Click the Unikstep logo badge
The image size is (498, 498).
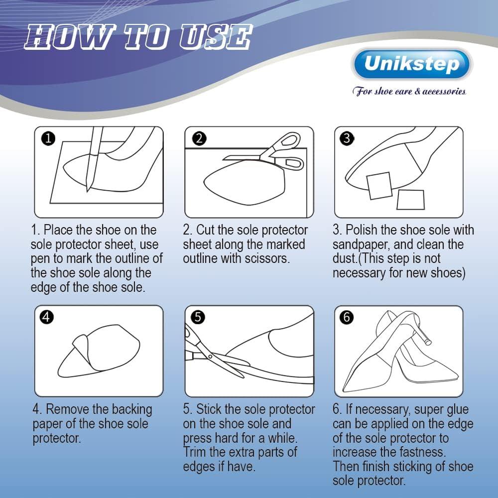(411, 64)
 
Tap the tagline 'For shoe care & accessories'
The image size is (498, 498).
(409, 91)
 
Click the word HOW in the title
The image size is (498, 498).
(59, 37)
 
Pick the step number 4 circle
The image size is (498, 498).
(47, 317)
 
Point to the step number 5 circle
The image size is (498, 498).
(198, 317)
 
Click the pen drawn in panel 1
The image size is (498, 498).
(93, 159)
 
